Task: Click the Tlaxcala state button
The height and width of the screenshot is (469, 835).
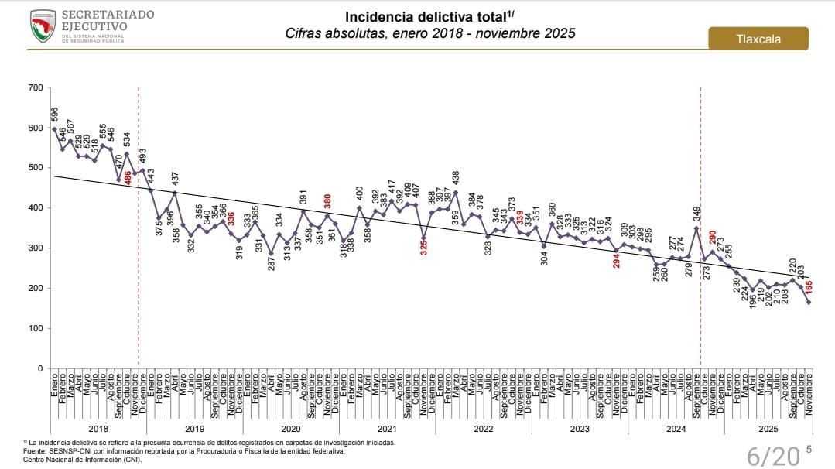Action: click(x=758, y=39)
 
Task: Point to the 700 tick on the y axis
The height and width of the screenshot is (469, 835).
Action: click(x=36, y=87)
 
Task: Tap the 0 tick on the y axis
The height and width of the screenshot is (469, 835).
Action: click(x=41, y=368)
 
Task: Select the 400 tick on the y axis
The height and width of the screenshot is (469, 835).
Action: click(x=36, y=207)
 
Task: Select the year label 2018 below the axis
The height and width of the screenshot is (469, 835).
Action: click(x=98, y=427)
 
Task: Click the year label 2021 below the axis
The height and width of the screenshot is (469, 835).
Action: click(x=387, y=427)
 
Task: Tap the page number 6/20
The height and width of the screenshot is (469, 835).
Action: click(x=772, y=456)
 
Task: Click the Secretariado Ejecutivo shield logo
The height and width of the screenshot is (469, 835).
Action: click(x=43, y=26)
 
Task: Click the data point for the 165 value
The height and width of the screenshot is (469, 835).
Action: click(x=809, y=302)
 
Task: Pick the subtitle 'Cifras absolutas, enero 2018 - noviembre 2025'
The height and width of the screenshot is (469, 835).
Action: click(x=430, y=34)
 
